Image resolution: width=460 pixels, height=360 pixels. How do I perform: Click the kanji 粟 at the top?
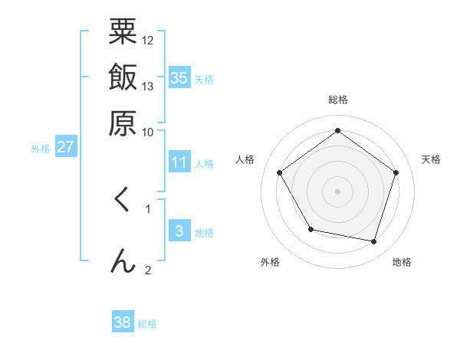[x=123, y=32]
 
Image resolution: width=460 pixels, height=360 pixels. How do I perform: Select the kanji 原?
[x=123, y=122]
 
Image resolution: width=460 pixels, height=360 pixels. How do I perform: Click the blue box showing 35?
[x=179, y=78]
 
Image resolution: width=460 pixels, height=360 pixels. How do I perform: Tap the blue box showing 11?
[x=179, y=162]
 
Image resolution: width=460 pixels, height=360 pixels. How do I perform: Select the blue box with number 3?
[x=179, y=231]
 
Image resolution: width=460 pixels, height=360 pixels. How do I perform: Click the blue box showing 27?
[x=65, y=147]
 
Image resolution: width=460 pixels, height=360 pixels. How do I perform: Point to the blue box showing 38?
[x=123, y=322]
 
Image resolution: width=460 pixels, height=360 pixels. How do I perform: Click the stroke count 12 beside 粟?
[x=148, y=40]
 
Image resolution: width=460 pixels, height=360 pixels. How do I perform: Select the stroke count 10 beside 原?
[x=148, y=131]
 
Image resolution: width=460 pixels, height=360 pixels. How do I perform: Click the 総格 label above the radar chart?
[x=337, y=100]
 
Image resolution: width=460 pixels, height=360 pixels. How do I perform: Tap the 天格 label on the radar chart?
[x=431, y=159]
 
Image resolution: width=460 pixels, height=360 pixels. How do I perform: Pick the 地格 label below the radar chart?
[x=402, y=262]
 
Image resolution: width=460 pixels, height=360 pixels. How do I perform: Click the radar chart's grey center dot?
[x=337, y=191]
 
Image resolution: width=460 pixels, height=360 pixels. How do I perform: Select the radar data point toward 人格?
[x=280, y=172]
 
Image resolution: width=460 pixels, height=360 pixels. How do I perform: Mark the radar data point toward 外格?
[x=310, y=229]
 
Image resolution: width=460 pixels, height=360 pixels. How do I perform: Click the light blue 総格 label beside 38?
[x=147, y=324]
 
